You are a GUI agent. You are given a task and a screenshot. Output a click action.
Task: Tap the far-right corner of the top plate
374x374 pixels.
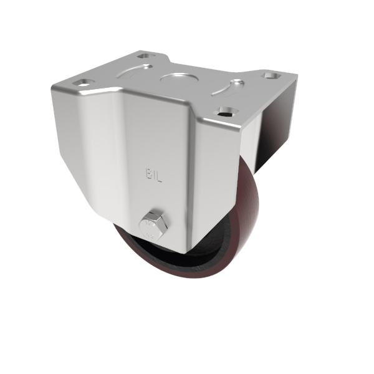coord(297,76)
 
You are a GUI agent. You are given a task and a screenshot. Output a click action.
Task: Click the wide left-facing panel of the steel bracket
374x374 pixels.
coord(93,150)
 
